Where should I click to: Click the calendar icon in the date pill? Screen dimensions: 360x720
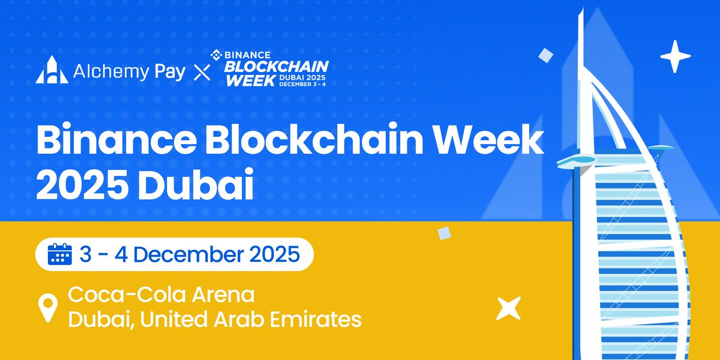(x=59, y=254)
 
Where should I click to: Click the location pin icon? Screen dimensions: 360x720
(x=49, y=307)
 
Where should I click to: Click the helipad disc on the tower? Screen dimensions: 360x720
(x=576, y=159)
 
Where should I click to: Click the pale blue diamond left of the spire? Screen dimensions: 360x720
(x=545, y=55)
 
